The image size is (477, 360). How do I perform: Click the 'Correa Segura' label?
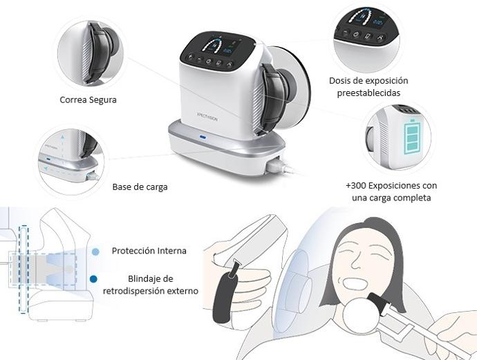(x=88, y=100)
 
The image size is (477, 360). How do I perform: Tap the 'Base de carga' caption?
(x=140, y=187)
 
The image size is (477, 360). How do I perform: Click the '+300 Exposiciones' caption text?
(x=391, y=191)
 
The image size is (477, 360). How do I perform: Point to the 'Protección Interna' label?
(x=149, y=251)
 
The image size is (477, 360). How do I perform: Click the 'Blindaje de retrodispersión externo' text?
(x=150, y=285)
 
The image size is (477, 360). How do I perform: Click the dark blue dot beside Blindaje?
(x=94, y=279)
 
